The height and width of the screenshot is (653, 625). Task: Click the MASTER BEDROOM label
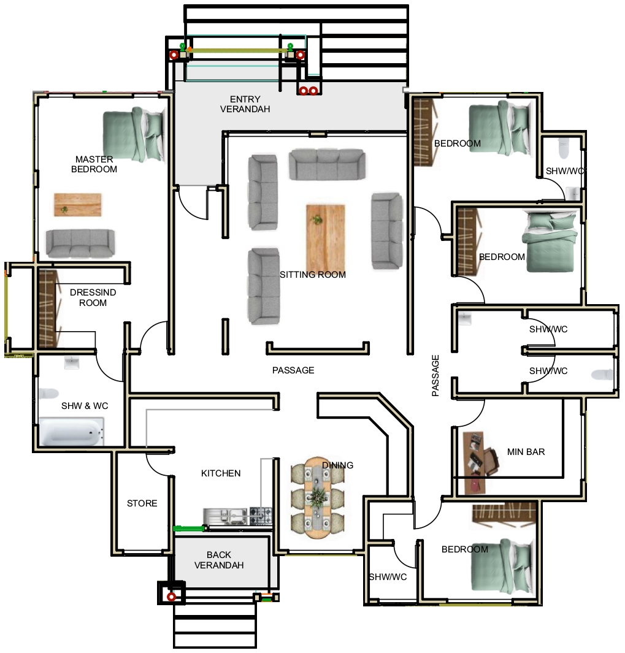[x=94, y=164]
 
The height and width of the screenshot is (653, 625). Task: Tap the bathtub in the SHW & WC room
[x=71, y=432]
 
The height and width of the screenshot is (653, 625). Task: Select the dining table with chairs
[x=317, y=498]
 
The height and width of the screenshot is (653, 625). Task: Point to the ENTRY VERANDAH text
[x=245, y=104]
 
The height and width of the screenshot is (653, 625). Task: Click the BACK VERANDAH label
[x=219, y=560]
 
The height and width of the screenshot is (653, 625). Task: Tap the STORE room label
[x=142, y=503]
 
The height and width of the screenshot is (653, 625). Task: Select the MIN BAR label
[x=526, y=452]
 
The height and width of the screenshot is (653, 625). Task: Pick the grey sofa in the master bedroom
[x=80, y=243]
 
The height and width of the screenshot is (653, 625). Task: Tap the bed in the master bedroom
[x=134, y=136]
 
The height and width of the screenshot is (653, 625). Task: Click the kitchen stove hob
[x=260, y=516]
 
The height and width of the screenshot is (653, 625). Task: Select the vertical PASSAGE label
[x=435, y=375]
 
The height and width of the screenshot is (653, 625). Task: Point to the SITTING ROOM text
[x=313, y=275]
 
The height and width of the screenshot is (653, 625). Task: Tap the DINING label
[x=337, y=465]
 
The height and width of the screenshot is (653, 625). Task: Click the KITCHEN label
[x=221, y=473]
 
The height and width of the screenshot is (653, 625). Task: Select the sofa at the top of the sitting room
[x=326, y=164]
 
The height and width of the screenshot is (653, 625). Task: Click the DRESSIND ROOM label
[x=93, y=297]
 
